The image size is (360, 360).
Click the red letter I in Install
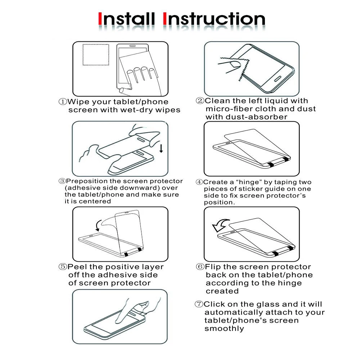click(100, 19)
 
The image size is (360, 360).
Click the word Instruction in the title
click(214, 19)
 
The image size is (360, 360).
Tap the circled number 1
click(63, 102)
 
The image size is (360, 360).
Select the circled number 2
click(200, 100)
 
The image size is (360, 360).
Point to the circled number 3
click(62, 181)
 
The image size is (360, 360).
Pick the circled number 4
click(199, 182)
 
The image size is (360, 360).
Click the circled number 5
click(63, 266)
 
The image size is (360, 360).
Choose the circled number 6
click(200, 266)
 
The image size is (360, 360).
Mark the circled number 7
click(199, 304)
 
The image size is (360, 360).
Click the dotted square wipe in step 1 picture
click(96, 55)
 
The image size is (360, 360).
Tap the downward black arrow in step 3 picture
click(161, 148)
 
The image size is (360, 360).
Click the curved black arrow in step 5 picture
click(98, 225)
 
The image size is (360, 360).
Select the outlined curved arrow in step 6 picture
click(220, 225)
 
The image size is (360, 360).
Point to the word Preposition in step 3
click(87, 181)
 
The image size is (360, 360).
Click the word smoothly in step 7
click(224, 329)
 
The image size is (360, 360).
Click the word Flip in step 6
click(213, 267)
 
